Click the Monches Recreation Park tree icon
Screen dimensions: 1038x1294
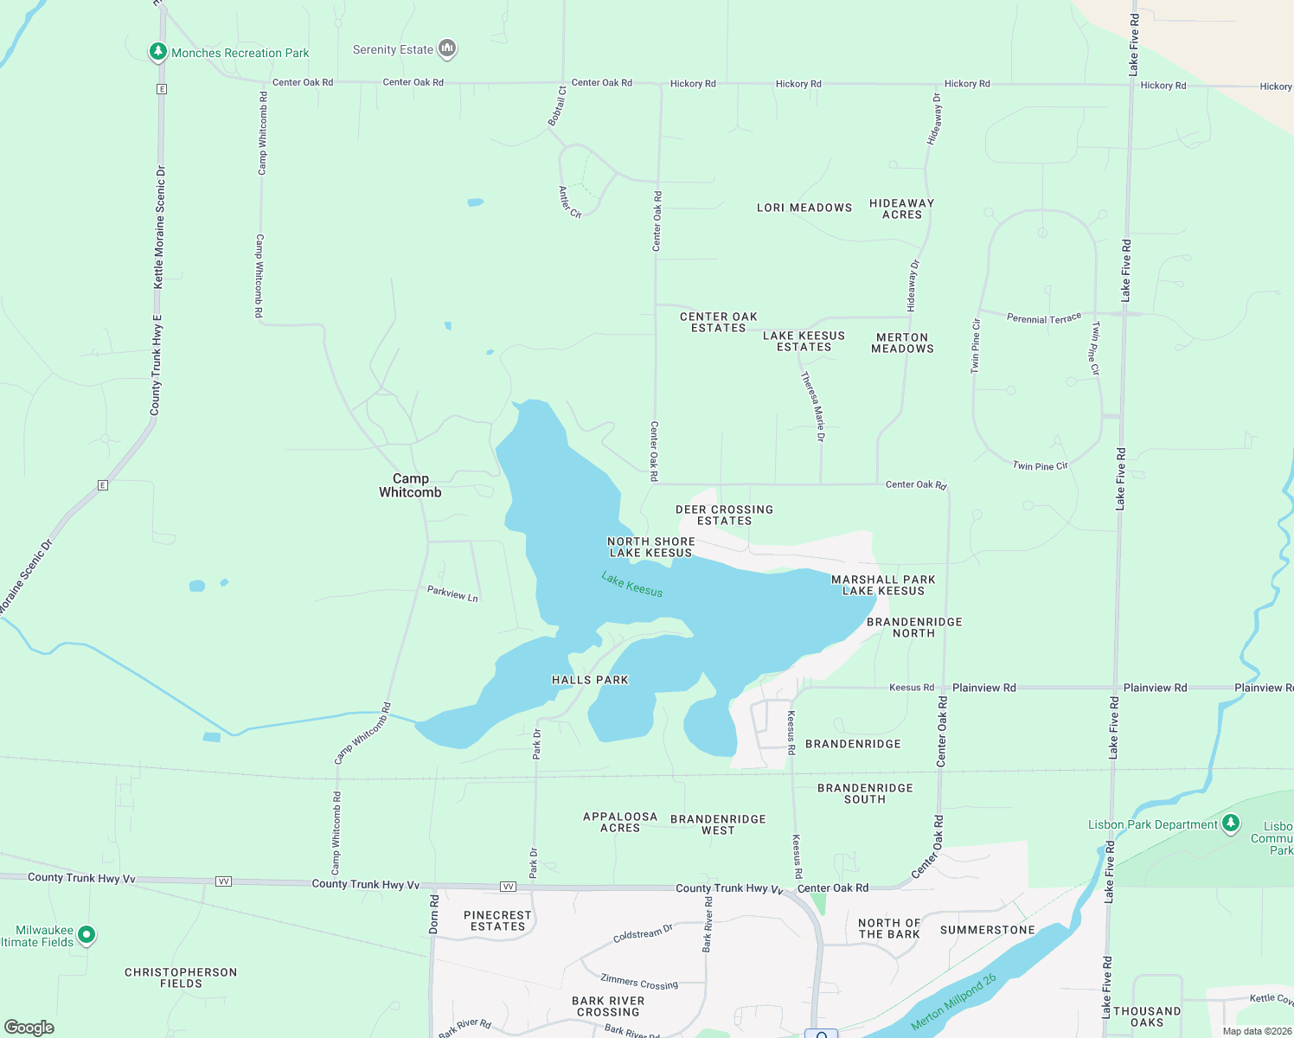(x=157, y=52)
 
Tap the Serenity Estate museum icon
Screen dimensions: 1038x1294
(x=447, y=48)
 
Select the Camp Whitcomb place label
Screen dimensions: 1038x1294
(x=410, y=485)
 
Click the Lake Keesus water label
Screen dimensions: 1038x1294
(x=632, y=585)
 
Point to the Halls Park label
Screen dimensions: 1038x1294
(x=590, y=680)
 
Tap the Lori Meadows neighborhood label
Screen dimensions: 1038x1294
(x=804, y=208)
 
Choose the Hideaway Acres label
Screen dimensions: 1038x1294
(x=901, y=208)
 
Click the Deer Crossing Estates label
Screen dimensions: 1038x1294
(x=724, y=516)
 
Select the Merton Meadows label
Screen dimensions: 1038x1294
(x=902, y=343)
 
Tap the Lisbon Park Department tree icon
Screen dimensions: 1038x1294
(x=1231, y=823)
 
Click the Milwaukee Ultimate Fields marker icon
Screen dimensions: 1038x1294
(x=86, y=934)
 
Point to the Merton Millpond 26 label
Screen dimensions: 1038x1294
(x=954, y=1003)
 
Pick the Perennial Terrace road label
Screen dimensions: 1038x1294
(x=1044, y=318)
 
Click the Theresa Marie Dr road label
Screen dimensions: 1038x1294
(x=813, y=407)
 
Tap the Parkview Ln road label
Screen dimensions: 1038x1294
(x=452, y=593)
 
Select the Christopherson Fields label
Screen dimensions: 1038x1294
(x=181, y=977)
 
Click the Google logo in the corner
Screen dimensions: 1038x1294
(x=29, y=1028)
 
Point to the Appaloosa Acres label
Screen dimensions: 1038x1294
(x=620, y=822)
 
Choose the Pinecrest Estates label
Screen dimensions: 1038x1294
(x=497, y=920)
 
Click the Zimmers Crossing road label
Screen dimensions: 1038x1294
(x=639, y=981)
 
